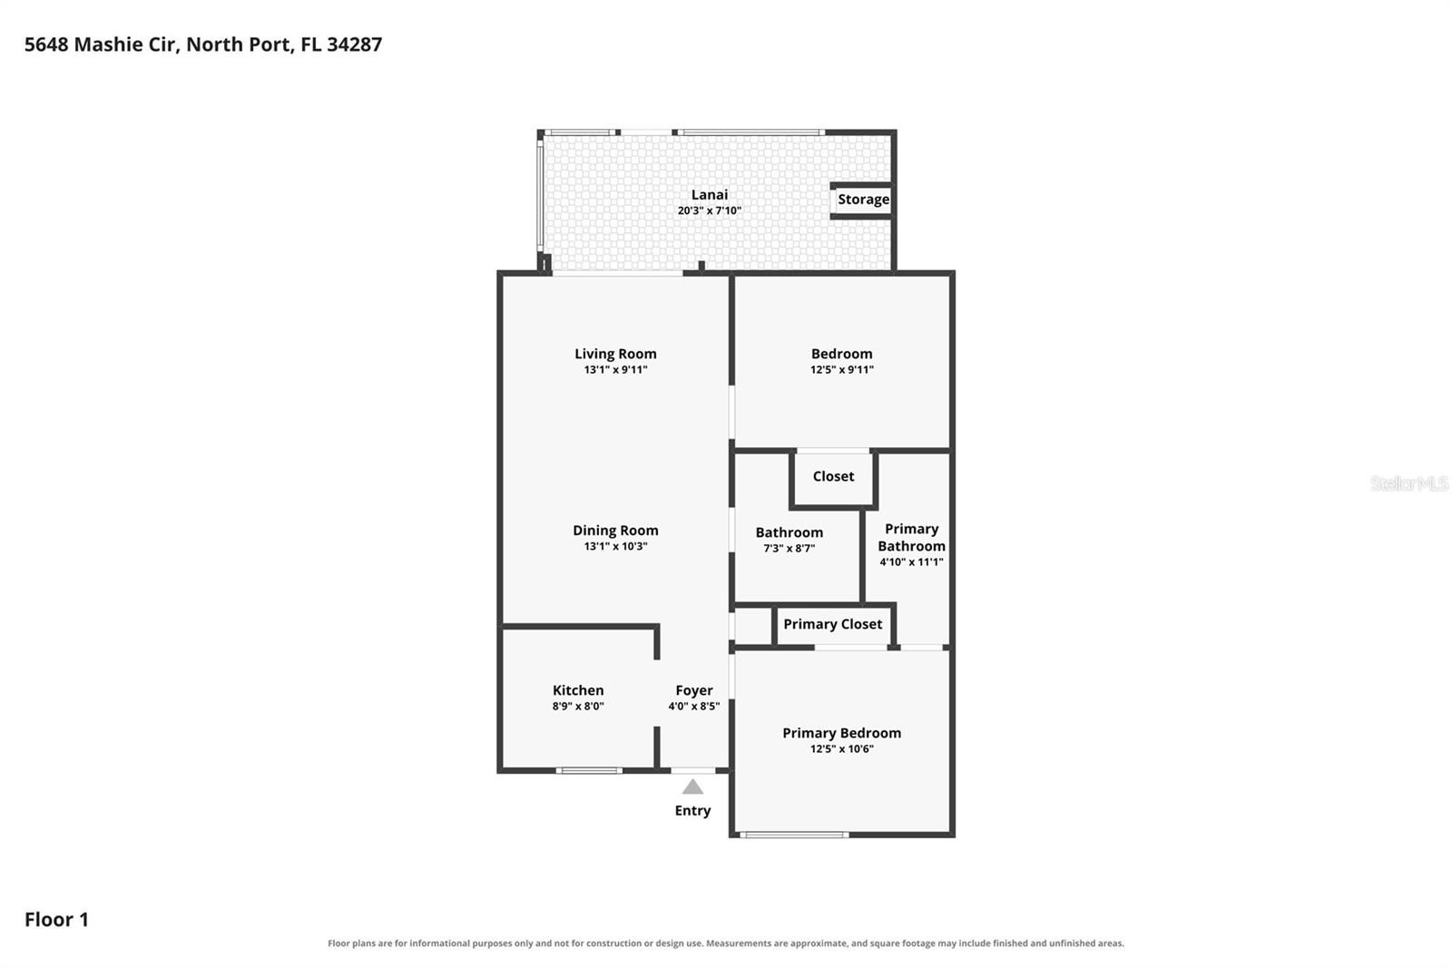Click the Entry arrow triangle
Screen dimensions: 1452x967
click(x=692, y=786)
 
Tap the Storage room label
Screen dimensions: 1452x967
click(x=863, y=199)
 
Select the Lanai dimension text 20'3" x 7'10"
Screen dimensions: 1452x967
click(x=709, y=210)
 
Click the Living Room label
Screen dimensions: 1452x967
click(x=615, y=354)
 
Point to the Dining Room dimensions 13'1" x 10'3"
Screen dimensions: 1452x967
click(x=615, y=546)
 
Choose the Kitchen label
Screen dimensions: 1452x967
click(x=577, y=690)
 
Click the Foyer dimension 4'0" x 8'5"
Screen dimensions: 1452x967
click(x=693, y=707)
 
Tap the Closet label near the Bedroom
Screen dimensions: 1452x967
click(x=833, y=476)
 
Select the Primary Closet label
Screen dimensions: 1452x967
click(x=832, y=624)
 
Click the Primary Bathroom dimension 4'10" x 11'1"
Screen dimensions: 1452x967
click(x=911, y=562)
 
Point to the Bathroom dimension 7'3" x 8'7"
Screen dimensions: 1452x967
click(x=789, y=548)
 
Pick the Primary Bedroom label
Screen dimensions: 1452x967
click(x=841, y=733)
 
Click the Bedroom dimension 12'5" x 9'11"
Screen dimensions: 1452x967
click(x=841, y=370)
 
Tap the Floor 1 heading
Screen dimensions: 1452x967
click(x=56, y=920)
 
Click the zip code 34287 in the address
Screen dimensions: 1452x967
click(x=354, y=44)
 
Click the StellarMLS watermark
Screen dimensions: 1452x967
click(x=1408, y=483)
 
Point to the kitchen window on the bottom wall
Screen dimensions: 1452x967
click(x=589, y=771)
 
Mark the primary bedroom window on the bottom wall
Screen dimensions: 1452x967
click(x=794, y=835)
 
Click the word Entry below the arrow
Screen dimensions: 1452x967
click(x=692, y=811)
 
